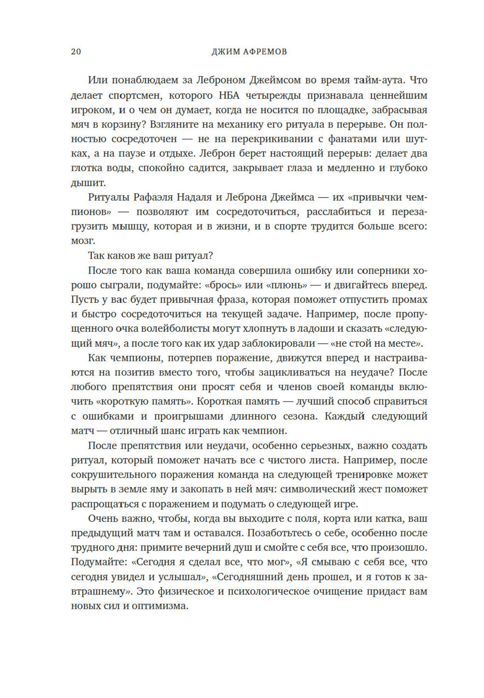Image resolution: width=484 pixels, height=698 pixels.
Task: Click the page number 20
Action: pos(76,52)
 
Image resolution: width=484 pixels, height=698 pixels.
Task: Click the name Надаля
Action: pos(194,198)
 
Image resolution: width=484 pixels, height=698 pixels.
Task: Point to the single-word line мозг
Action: pos(83,241)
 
